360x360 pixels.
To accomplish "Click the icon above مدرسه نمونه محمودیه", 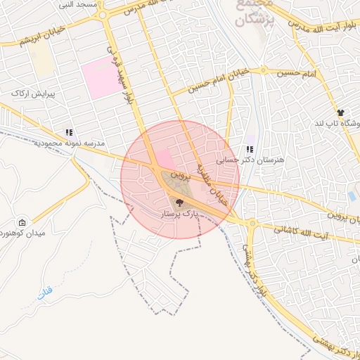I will coord(69,131).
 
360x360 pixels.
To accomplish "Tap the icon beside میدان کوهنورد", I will coord(22,222).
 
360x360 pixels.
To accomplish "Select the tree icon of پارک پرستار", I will coord(172,202).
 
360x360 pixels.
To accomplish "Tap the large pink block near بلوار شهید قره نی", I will coord(101,80).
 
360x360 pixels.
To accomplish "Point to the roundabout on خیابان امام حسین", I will coord(264,70).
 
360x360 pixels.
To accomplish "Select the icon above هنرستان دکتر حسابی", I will coord(250,149).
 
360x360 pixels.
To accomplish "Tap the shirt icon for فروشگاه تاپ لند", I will coord(341,112).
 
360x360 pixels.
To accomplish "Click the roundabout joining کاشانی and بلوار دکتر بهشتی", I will coord(251,224).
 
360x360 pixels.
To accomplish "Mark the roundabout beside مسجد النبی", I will coord(103,14).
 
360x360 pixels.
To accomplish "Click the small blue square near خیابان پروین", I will coord(352,196).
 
